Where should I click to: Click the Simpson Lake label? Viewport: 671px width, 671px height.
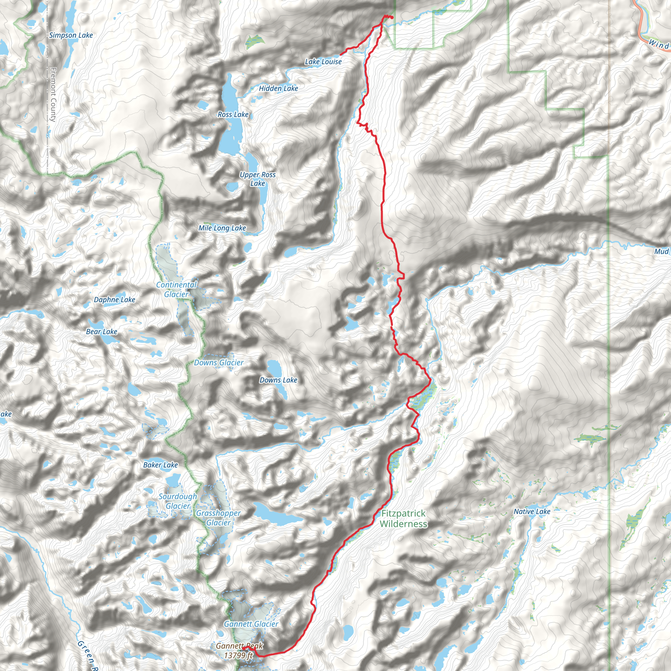tap(71, 35)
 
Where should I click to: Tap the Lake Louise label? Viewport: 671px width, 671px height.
tap(323, 62)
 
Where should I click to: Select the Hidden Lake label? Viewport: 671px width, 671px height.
tap(278, 88)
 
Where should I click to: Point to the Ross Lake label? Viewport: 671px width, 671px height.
tap(233, 115)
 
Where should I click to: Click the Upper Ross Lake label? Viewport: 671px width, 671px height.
tap(257, 179)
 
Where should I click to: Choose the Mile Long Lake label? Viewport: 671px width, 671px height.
tap(222, 228)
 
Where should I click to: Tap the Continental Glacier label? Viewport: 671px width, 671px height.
tap(177, 290)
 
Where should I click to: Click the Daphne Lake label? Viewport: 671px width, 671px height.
tap(114, 300)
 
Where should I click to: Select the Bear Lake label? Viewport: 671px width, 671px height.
tap(102, 332)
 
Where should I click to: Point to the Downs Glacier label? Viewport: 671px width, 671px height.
tap(219, 363)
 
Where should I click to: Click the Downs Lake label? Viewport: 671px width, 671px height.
tap(278, 380)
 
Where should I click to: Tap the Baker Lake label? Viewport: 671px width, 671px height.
tap(160, 465)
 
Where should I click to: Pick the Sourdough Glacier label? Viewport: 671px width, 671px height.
tap(178, 501)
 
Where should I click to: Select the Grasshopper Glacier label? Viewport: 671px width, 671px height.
tap(218, 518)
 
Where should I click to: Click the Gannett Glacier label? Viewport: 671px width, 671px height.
tap(251, 624)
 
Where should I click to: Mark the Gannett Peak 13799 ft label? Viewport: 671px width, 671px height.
tap(239, 650)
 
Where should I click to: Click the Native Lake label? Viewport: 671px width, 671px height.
tap(532, 511)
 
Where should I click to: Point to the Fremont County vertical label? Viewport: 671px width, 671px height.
tap(53, 94)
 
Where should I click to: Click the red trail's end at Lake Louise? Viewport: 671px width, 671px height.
tap(340, 54)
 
